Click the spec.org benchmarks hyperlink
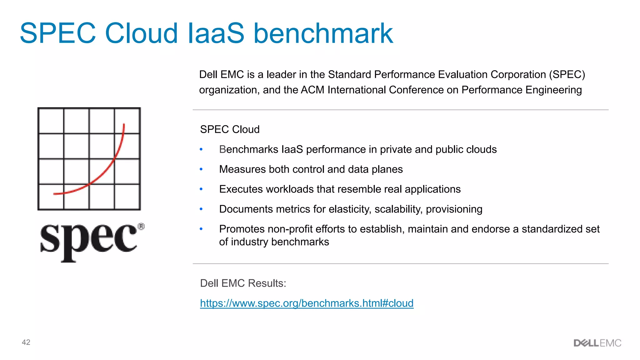[307, 303]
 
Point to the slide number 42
[26, 342]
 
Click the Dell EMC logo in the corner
[597, 343]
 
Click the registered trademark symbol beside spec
[141, 227]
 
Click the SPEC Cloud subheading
[230, 129]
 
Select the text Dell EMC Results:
[243, 283]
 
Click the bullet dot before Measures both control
[201, 169]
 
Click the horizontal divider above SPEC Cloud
[400, 110]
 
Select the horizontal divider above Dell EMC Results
[400, 264]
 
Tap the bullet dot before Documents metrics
[201, 209]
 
